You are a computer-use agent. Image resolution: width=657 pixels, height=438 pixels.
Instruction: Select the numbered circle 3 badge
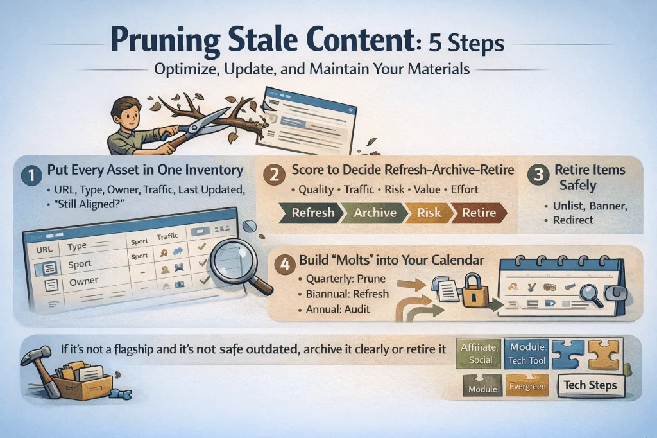(538, 175)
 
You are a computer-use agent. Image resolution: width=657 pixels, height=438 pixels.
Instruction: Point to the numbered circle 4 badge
(285, 265)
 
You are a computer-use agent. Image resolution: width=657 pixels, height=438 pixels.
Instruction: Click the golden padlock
(474, 291)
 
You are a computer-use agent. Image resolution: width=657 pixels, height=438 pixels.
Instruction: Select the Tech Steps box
(590, 385)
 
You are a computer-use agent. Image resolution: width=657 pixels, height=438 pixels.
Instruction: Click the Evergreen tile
(527, 386)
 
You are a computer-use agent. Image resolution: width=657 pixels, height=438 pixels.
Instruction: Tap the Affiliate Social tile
(479, 354)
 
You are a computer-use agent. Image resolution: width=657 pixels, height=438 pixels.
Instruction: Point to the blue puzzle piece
(568, 355)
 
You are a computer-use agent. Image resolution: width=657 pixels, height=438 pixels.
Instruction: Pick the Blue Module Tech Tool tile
(527, 354)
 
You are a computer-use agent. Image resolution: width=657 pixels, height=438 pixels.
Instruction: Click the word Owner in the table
(84, 281)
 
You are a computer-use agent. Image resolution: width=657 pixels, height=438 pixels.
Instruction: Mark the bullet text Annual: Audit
(337, 310)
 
